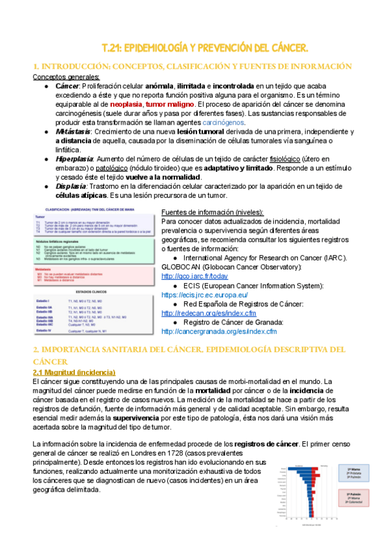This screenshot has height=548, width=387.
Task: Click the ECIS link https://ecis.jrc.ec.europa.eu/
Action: click(x=204, y=295)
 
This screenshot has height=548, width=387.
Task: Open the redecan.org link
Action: click(x=205, y=313)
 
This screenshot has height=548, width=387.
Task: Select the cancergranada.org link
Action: click(x=218, y=332)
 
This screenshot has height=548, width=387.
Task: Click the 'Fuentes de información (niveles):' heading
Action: click(x=212, y=213)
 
